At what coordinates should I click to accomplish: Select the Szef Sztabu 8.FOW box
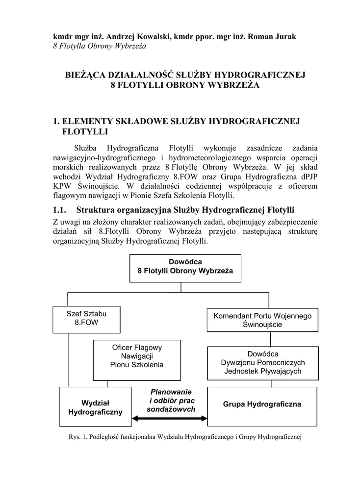[86, 319]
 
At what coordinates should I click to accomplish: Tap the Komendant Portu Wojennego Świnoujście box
[262, 320]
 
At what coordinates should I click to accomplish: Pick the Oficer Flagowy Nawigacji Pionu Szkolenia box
[137, 356]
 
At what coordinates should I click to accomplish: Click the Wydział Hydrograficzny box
[95, 407]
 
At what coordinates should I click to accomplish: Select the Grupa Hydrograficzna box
[262, 404]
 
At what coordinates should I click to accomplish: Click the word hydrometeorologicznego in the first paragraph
[207, 158]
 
